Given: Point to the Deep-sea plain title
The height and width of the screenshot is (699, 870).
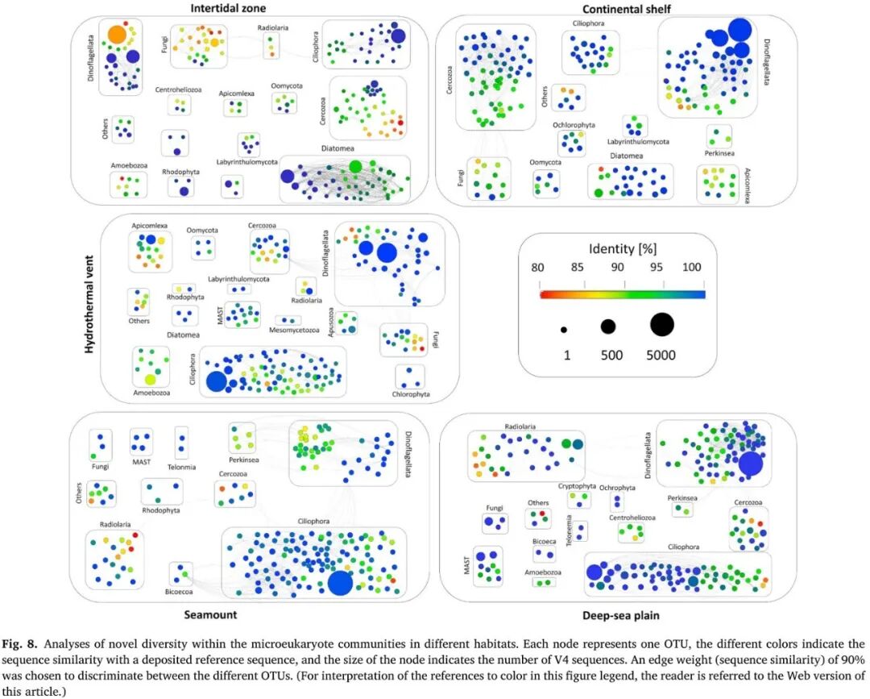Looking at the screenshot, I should (x=620, y=616).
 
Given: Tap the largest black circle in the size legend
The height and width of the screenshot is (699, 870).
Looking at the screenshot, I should (x=662, y=325).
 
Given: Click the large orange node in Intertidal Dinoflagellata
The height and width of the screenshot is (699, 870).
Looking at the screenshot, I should (x=117, y=35).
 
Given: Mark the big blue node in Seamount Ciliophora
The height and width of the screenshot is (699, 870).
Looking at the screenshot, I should (x=340, y=582).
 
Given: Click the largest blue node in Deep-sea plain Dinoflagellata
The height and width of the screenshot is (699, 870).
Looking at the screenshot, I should (x=751, y=464).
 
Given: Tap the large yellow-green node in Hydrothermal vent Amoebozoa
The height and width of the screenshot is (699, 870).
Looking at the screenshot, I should (x=150, y=378).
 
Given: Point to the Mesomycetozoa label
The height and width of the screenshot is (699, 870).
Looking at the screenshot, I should (x=295, y=330).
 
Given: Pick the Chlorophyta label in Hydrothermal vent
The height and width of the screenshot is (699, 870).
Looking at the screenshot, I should (x=410, y=395).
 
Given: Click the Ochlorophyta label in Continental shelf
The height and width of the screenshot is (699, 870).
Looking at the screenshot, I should (x=574, y=125).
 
